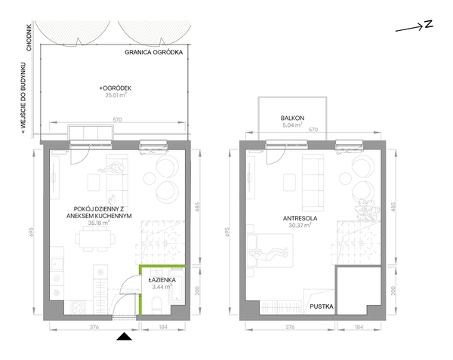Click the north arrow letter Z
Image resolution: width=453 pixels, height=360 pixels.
429,24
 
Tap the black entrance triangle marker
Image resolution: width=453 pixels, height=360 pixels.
125,337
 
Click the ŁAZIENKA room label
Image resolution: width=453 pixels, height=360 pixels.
162,280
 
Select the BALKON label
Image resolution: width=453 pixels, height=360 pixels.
292,118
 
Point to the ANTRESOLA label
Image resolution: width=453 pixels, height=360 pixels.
300,218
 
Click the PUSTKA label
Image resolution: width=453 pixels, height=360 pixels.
322,306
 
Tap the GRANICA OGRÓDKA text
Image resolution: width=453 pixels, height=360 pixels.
154,52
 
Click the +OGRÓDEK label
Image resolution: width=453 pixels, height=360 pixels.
116,88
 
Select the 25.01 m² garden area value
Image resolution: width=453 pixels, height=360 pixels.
116,95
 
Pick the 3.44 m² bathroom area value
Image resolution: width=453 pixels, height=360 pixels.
162,287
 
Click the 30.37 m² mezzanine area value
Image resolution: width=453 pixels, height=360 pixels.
300,225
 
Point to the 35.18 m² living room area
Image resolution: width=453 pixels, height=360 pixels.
98,223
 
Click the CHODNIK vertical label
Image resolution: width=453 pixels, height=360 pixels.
29,38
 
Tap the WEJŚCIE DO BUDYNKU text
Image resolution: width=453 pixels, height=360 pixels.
23,98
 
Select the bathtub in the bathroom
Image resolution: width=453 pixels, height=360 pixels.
177,285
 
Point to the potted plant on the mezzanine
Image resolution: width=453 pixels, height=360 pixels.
365,211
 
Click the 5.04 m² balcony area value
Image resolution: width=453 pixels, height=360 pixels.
292,125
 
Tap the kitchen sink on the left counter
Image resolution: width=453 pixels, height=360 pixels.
56,264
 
